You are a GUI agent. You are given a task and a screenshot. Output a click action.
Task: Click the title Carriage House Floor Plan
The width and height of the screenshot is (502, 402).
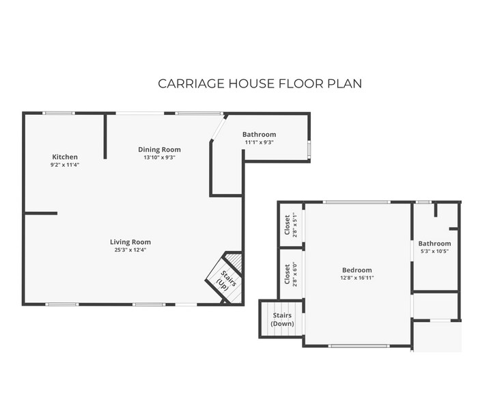tap(260, 83)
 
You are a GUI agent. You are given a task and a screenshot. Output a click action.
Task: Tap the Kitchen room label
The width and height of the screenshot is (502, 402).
tap(65, 157)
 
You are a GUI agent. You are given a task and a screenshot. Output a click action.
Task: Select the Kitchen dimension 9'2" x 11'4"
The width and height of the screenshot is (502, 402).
tap(65, 165)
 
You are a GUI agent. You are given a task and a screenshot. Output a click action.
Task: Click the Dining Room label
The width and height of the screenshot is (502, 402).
tap(159, 149)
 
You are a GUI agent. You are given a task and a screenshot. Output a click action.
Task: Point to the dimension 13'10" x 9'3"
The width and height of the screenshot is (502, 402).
tap(159, 157)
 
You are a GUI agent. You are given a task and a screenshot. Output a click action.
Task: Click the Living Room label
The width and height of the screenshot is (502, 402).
tap(130, 241)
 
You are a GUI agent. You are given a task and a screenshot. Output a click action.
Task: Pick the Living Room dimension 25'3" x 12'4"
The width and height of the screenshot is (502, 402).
tap(130, 250)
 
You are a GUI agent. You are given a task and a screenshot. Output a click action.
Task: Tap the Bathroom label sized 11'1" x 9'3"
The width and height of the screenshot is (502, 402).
tap(259, 134)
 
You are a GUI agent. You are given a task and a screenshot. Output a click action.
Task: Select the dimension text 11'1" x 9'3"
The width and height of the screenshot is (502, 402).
tap(259, 142)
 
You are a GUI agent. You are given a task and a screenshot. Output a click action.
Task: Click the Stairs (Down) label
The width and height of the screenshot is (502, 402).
tap(283, 319)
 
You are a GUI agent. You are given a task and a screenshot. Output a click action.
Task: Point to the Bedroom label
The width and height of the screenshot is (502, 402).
tap(357, 269)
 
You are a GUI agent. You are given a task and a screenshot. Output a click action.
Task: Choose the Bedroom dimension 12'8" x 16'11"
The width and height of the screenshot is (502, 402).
tap(357, 278)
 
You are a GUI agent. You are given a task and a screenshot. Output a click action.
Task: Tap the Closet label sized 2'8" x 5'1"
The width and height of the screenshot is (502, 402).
tap(287, 224)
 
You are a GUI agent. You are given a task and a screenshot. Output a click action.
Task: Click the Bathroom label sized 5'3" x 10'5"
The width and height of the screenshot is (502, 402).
tap(434, 243)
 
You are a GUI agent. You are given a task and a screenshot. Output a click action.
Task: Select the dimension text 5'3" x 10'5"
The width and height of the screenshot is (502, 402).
tap(434, 252)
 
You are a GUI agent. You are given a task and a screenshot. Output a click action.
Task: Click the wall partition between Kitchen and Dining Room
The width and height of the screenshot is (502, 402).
tap(105, 136)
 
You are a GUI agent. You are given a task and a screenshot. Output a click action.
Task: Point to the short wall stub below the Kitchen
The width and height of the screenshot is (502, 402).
tap(40, 213)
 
